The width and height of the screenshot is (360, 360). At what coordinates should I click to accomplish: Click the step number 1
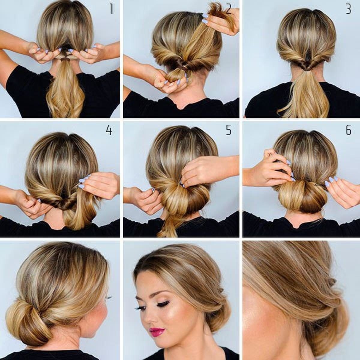click(112, 9)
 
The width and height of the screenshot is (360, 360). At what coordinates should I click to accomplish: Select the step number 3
click(348, 9)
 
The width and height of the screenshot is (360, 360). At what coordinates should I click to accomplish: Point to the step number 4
click(109, 130)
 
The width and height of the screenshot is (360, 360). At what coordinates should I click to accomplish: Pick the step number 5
click(229, 130)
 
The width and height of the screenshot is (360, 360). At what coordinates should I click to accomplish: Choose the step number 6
click(348, 130)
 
